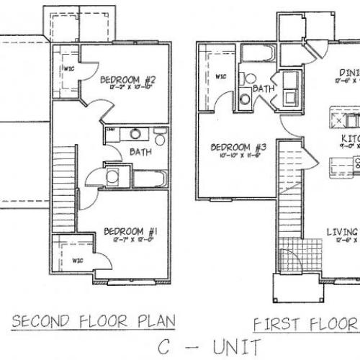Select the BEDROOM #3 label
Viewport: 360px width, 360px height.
(x=238, y=148)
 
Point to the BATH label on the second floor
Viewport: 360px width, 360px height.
(x=140, y=153)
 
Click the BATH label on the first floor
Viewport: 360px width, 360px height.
(x=263, y=89)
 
